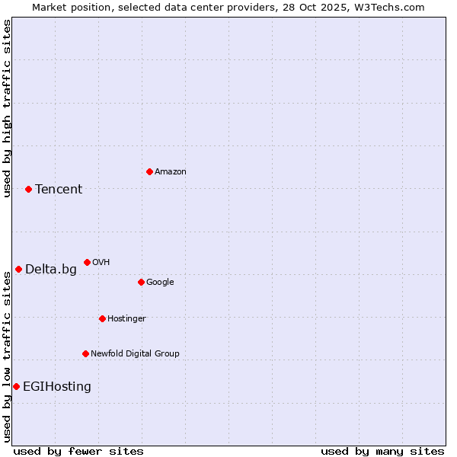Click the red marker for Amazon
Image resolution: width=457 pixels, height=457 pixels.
click(149, 171)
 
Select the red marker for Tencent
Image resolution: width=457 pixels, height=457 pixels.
click(28, 189)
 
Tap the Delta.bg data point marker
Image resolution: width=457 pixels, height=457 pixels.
click(18, 269)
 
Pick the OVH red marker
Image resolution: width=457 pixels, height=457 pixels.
click(87, 262)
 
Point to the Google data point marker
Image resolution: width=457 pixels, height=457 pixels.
click(141, 282)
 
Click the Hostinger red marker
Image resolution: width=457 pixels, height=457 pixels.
click(102, 318)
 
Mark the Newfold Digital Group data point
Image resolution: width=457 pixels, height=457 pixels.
click(85, 353)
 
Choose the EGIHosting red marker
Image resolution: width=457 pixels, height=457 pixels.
click(16, 386)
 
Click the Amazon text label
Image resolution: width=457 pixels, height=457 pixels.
click(171, 171)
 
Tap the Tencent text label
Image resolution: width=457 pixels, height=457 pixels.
click(59, 189)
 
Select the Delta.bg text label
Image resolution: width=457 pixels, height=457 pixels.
click(51, 269)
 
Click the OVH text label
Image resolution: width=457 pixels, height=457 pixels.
click(101, 262)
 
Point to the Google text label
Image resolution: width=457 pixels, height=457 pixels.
click(160, 282)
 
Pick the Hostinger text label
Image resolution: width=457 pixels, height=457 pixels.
click(126, 318)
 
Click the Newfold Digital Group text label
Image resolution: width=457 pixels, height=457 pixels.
click(135, 353)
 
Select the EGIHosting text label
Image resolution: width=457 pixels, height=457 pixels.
click(57, 386)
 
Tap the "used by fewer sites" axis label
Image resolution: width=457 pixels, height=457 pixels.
click(78, 451)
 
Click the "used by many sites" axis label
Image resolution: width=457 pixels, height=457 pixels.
click(382, 451)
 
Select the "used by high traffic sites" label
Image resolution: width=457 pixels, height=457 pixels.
click(7, 108)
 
